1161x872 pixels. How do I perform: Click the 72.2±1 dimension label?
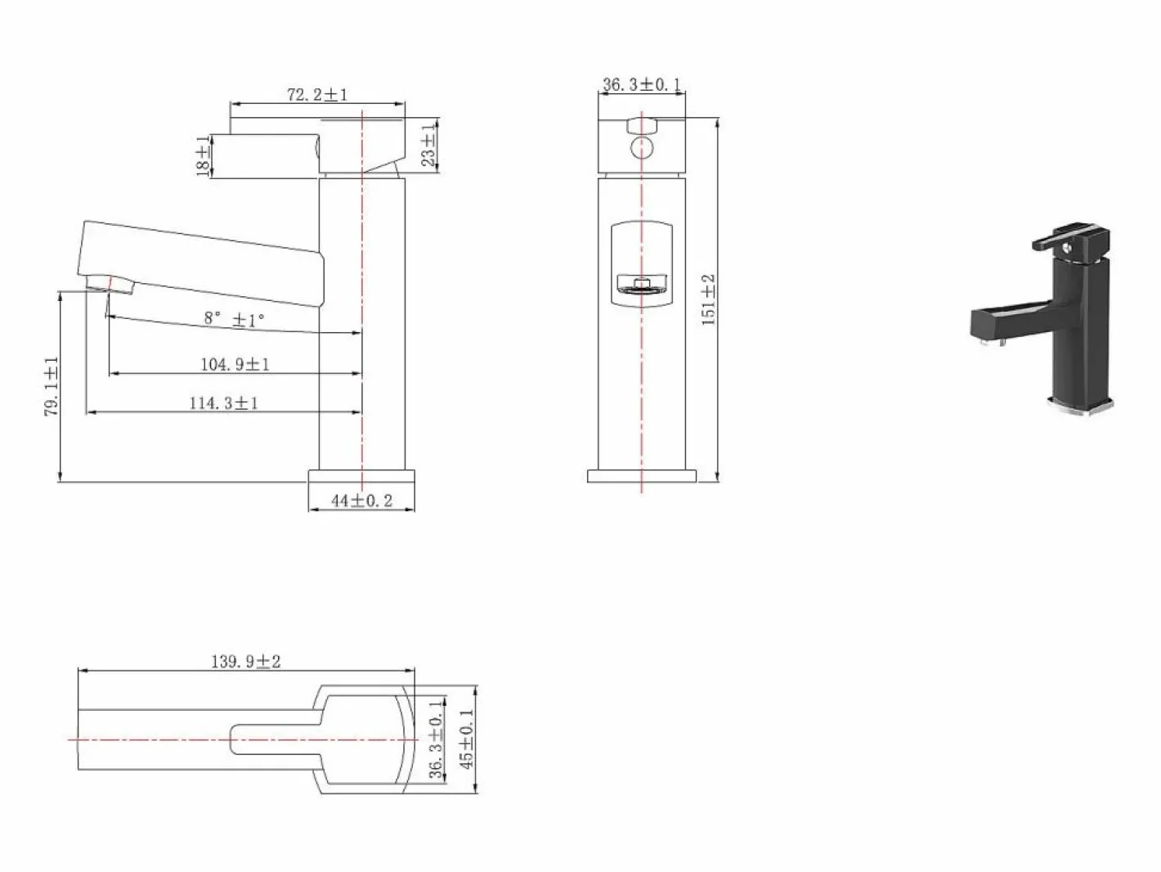click(x=317, y=95)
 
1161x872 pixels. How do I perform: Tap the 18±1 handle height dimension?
click(x=203, y=156)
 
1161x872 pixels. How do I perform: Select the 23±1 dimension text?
click(x=429, y=144)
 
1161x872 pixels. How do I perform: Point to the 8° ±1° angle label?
click(x=235, y=319)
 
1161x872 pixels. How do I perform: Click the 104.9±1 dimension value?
click(x=235, y=364)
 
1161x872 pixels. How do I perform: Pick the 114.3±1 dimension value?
click(x=224, y=403)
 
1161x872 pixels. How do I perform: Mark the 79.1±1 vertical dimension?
click(x=52, y=386)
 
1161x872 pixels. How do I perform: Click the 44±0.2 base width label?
click(x=361, y=501)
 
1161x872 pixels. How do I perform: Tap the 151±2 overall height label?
click(x=708, y=299)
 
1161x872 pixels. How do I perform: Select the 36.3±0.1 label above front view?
click(x=642, y=84)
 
